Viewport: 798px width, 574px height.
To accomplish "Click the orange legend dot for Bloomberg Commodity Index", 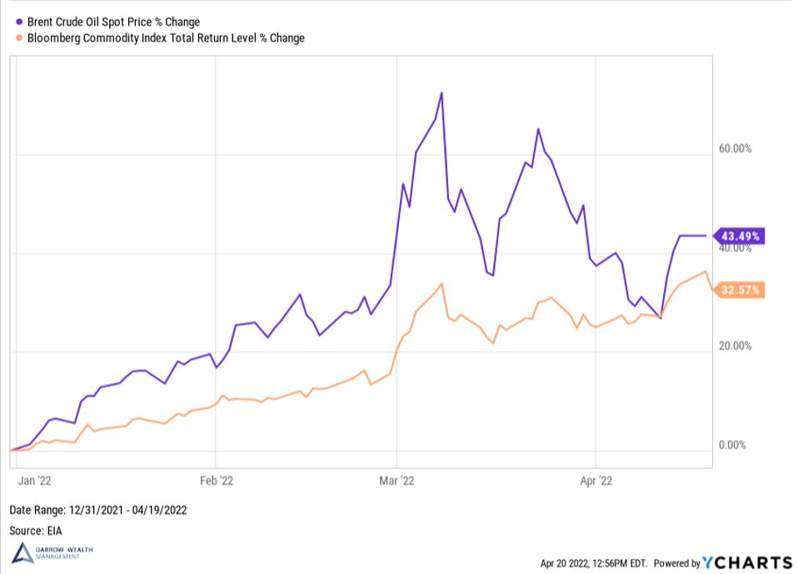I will (19, 37).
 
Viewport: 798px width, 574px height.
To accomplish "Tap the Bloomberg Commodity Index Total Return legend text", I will (166, 37).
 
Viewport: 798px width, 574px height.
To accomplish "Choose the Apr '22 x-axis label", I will (596, 481).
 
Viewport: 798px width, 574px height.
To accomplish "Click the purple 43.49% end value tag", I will (740, 236).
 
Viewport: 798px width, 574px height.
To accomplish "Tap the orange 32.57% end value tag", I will (740, 290).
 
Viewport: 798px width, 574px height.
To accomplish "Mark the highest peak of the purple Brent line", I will (441, 92).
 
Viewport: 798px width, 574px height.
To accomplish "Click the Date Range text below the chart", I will (98, 510).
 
